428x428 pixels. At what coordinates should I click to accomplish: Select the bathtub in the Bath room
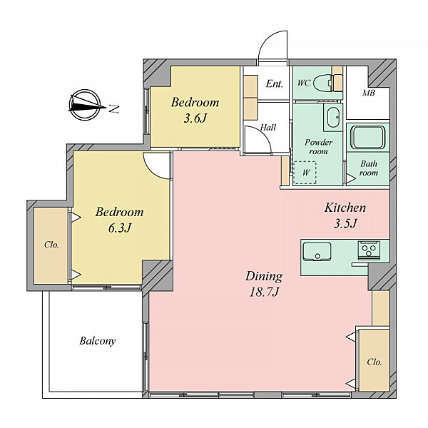tap(367, 137)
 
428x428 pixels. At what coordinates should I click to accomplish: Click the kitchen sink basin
tap(317, 252)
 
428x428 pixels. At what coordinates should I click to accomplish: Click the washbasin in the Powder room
tap(333, 117)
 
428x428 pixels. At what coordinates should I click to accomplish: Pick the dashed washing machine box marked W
tap(305, 172)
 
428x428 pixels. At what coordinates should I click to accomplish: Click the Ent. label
tap(275, 83)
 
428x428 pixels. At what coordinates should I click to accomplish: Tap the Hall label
tap(267, 127)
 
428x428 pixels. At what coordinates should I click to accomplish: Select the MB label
tap(369, 93)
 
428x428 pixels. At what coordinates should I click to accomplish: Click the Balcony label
tap(98, 341)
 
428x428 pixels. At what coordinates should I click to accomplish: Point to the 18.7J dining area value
tap(264, 292)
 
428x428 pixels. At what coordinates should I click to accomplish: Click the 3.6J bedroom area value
tap(195, 118)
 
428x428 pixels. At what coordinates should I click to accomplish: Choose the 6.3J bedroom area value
tap(120, 228)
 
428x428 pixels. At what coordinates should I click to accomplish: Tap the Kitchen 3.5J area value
tap(345, 223)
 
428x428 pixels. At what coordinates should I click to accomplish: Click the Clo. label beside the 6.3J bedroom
tap(51, 245)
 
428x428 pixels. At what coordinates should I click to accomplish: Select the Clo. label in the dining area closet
tap(374, 362)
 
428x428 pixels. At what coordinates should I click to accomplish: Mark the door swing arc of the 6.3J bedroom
tap(153, 169)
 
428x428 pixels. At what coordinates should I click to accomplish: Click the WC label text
tap(304, 83)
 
